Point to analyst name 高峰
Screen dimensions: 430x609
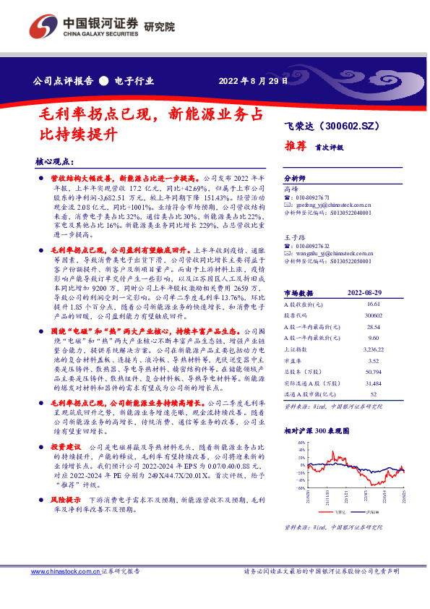(291, 187)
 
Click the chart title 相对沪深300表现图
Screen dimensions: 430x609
(317, 430)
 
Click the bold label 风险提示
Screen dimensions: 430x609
(65, 499)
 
